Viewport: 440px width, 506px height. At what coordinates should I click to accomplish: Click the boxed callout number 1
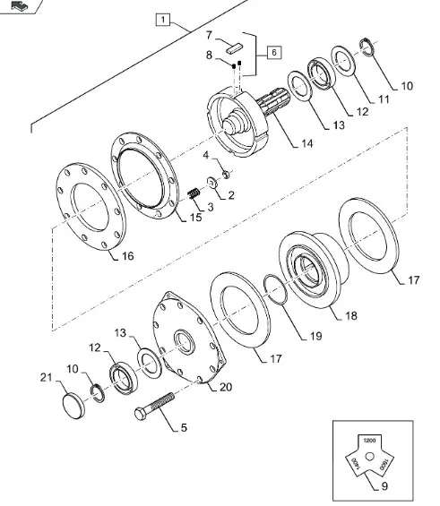click(163, 20)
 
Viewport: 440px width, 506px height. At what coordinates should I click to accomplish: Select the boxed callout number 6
click(274, 52)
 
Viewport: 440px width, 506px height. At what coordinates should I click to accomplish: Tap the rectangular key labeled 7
click(234, 47)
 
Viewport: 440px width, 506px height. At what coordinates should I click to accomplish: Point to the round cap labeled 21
click(73, 406)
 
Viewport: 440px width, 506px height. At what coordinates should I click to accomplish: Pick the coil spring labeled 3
click(194, 193)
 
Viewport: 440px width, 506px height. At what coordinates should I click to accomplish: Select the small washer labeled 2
click(212, 183)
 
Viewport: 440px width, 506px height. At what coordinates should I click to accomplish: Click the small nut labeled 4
click(227, 175)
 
